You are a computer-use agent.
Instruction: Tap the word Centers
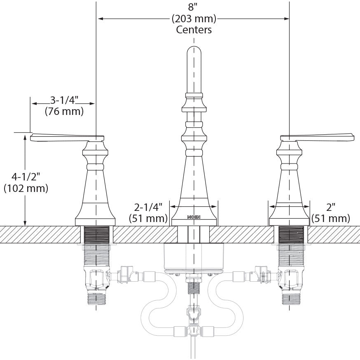point(194,30)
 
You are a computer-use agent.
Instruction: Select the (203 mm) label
point(194,19)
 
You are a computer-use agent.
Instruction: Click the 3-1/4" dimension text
point(64,100)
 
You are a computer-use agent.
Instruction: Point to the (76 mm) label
point(64,111)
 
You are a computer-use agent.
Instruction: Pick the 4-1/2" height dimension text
point(26,177)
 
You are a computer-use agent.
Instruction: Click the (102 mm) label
point(26,188)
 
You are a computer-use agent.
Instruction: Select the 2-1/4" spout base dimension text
point(148,207)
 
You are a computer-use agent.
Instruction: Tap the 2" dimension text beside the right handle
point(331,208)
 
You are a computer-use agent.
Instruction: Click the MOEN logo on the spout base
point(194,217)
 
